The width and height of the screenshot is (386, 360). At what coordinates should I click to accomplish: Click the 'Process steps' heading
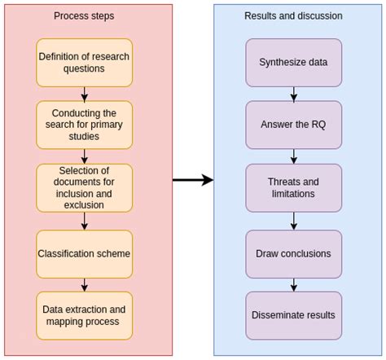pyautogui.click(x=84, y=16)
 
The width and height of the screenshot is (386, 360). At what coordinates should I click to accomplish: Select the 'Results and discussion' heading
pyautogui.click(x=293, y=16)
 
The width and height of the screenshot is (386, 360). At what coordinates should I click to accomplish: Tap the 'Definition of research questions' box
pyautogui.click(x=84, y=63)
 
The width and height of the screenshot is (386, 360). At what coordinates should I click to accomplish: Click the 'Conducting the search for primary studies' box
pyautogui.click(x=84, y=125)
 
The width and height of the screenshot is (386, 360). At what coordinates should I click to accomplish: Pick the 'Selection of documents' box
pyautogui.click(x=84, y=188)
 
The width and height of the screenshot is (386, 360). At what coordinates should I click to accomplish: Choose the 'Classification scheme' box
pyautogui.click(x=84, y=254)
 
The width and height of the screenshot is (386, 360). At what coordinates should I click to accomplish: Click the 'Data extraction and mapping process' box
pyautogui.click(x=84, y=316)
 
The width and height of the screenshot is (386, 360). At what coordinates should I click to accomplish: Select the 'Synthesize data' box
pyautogui.click(x=294, y=63)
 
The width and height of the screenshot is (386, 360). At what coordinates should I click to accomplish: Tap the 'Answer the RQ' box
pyautogui.click(x=294, y=125)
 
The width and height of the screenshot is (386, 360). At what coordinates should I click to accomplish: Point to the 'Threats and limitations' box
pyautogui.click(x=294, y=188)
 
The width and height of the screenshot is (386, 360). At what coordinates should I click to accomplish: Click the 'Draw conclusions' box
pyautogui.click(x=294, y=254)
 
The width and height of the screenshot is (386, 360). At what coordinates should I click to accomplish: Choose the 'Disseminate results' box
pyautogui.click(x=294, y=316)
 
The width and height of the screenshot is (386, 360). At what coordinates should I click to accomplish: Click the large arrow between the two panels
pyautogui.click(x=193, y=180)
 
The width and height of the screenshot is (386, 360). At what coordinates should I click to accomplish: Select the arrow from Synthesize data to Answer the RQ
pyautogui.click(x=294, y=94)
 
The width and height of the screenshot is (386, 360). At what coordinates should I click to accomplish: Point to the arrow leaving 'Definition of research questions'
pyautogui.click(x=85, y=94)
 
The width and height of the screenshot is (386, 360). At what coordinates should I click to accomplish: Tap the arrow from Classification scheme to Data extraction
pyautogui.click(x=85, y=285)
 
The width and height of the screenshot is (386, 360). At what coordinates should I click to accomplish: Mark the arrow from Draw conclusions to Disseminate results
pyautogui.click(x=294, y=285)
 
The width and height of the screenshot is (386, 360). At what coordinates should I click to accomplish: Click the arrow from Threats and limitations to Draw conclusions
pyautogui.click(x=294, y=221)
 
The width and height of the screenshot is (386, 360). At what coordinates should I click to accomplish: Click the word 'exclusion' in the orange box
pyautogui.click(x=84, y=205)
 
